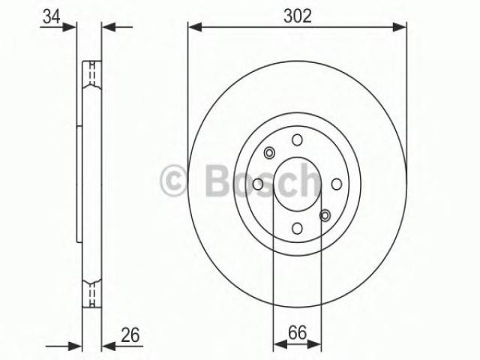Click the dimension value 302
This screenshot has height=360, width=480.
point(297,16)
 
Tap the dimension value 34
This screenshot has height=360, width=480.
point(52,16)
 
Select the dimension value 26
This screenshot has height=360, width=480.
point(130,334)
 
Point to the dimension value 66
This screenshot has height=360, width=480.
point(297,332)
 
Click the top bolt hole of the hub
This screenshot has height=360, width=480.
point(297,140)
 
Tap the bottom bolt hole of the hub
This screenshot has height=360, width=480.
point(297,228)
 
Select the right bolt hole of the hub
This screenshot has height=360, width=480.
point(337,184)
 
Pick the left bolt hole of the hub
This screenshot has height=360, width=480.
point(258,184)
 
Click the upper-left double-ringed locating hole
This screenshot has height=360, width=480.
point(269,153)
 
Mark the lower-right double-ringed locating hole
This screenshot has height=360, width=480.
point(325,215)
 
